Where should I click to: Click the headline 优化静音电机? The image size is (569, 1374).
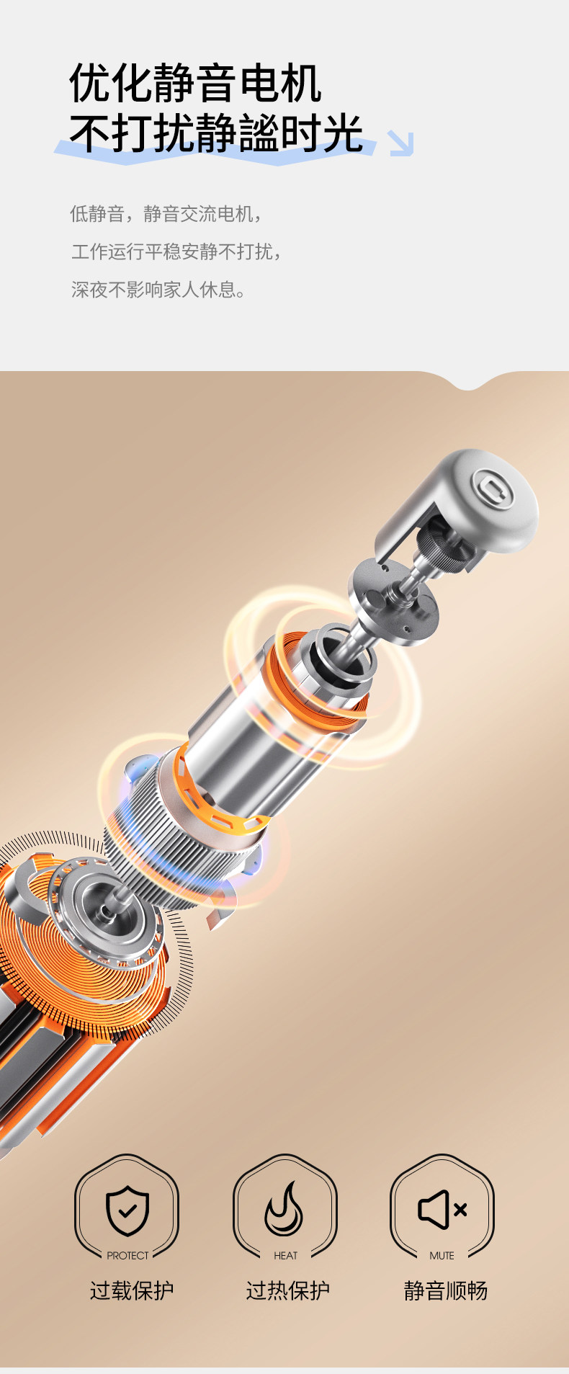(x=195, y=84)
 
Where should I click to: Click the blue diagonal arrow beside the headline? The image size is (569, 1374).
(x=400, y=143)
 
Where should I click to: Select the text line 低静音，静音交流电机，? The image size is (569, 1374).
(x=167, y=214)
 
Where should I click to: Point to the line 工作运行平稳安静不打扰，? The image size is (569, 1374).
(x=177, y=251)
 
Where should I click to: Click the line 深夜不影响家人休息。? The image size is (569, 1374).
(x=159, y=290)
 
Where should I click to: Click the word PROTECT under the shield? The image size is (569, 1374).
(x=127, y=1255)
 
